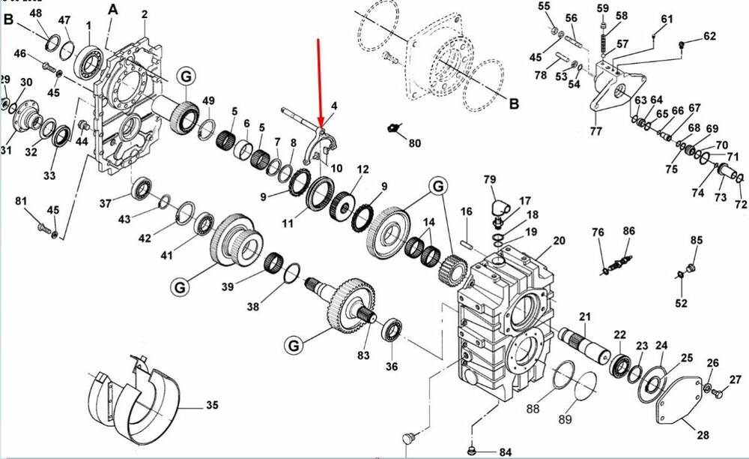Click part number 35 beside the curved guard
click(x=212, y=406)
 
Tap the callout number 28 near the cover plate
click(x=703, y=433)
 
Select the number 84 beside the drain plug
click(x=505, y=451)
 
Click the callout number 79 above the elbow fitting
click(x=490, y=179)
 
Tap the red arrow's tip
click(x=321, y=127)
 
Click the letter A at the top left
click(x=113, y=9)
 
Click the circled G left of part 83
click(x=292, y=345)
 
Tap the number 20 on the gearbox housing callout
click(x=559, y=241)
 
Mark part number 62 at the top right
click(x=709, y=36)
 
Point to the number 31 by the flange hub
click(x=6, y=150)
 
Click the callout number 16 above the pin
click(x=466, y=212)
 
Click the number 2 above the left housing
click(x=144, y=14)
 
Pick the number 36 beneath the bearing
click(x=392, y=367)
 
